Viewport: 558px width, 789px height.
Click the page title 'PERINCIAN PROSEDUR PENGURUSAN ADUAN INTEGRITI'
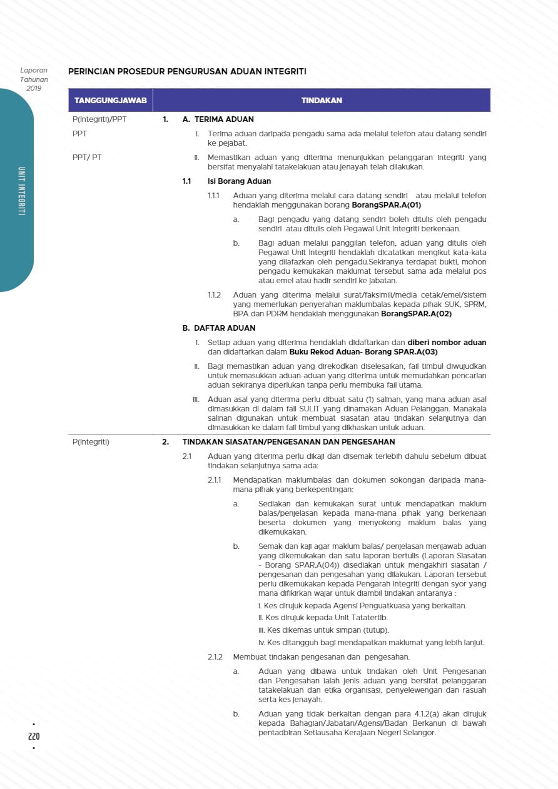(x=187, y=72)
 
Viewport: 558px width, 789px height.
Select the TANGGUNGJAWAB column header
(x=111, y=100)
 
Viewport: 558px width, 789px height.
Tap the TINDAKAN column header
(x=322, y=100)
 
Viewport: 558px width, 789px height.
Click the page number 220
(x=34, y=736)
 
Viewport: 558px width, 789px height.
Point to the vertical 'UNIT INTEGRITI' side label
(x=21, y=191)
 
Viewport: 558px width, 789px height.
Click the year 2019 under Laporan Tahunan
(x=34, y=88)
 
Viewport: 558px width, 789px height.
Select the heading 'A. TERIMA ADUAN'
(x=218, y=119)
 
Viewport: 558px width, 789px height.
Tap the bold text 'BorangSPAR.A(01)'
(x=386, y=205)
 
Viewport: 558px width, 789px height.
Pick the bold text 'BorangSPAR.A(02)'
(x=416, y=314)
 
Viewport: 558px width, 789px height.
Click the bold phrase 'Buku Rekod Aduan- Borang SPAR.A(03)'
(x=363, y=352)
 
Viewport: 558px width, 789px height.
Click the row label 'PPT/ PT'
(x=87, y=158)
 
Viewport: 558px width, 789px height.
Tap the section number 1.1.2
(x=214, y=295)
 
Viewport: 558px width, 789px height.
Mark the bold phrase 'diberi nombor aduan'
(x=447, y=343)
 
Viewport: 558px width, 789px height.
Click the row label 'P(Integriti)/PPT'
(x=99, y=119)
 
